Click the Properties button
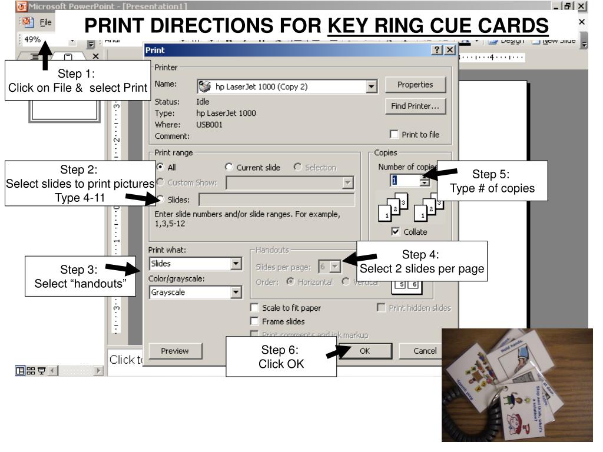coord(415,85)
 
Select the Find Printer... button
coord(415,107)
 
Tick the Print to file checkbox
coord(393,135)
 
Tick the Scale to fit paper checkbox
coord(254,308)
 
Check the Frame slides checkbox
coord(254,321)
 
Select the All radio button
coord(158,168)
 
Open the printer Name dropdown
coord(371,87)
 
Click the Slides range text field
coord(277,200)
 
